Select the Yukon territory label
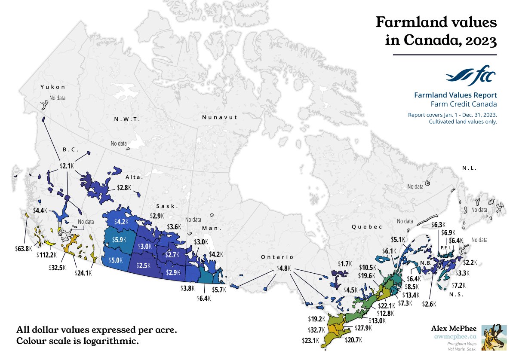point(52,87)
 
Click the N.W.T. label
point(127,119)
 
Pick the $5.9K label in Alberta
point(117,240)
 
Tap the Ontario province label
point(277,257)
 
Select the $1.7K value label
point(344,263)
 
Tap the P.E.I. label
point(445,248)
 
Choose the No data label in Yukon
point(57,98)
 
